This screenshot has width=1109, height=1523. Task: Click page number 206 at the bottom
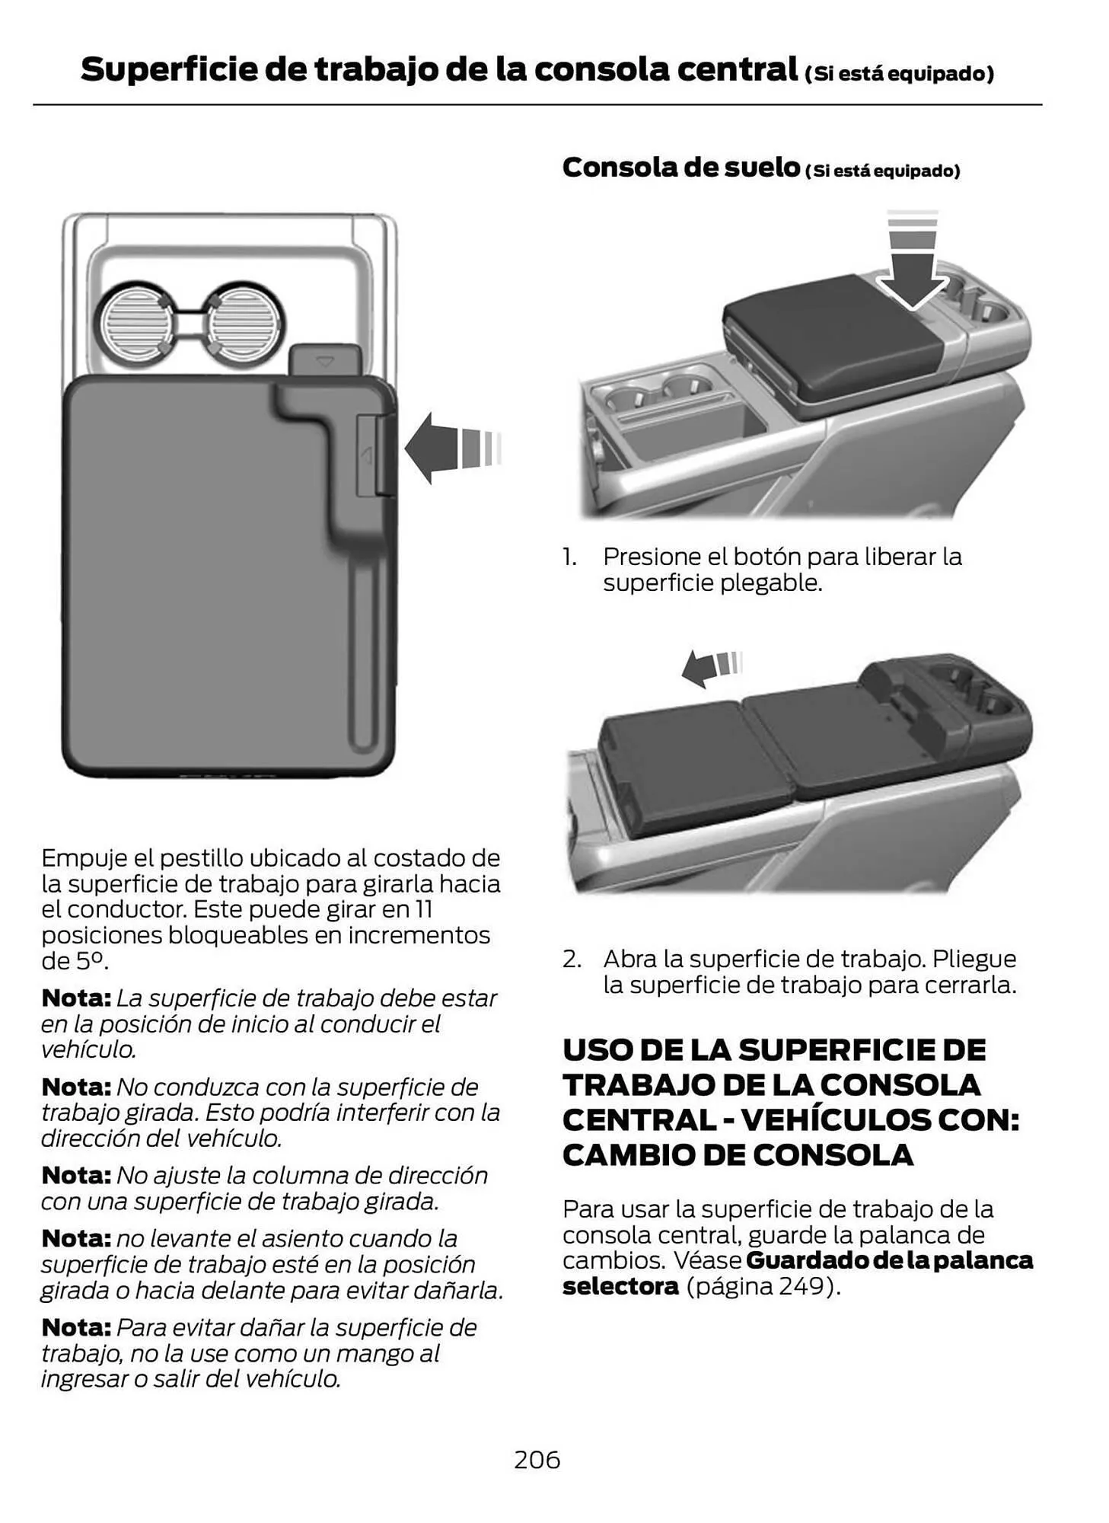click(x=537, y=1459)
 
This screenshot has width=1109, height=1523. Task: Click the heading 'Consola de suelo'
click(x=680, y=167)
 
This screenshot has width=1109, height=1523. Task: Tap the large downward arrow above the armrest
click(x=912, y=275)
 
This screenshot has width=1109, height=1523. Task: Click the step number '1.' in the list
click(x=570, y=557)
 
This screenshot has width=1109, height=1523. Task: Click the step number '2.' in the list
click(x=572, y=959)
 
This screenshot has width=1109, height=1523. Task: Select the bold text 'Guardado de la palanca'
click(x=889, y=1260)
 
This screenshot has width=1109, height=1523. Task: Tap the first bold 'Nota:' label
click(x=76, y=998)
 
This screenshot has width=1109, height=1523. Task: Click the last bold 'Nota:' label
click(x=76, y=1327)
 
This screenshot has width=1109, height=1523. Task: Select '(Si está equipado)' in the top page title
click(x=899, y=74)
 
